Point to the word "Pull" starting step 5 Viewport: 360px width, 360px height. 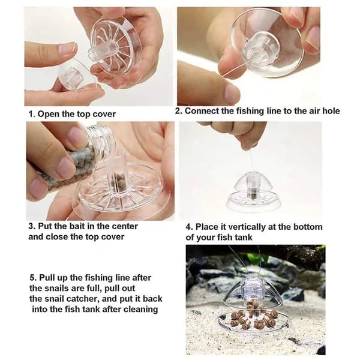pyautogui.click(x=47, y=278)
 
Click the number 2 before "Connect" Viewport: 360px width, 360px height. pyautogui.click(x=178, y=111)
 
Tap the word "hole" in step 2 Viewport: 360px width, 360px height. pyautogui.click(x=331, y=111)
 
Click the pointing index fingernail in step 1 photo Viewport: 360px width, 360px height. pyautogui.click(x=67, y=49)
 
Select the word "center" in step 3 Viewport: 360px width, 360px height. pyautogui.click(x=124, y=226)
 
